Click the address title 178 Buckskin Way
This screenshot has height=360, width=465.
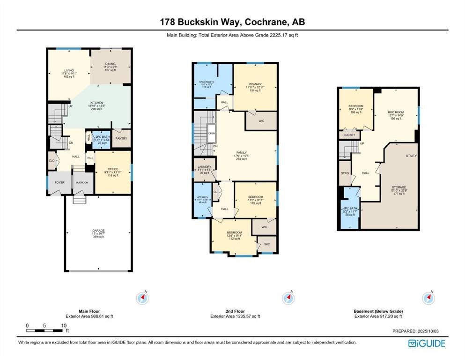coord(232,22)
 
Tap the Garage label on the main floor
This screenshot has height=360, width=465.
coord(98,231)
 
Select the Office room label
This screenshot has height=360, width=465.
coord(112,169)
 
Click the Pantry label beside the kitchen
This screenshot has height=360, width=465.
coord(121,138)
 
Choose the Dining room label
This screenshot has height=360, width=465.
coord(110,64)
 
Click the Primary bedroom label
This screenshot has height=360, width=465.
coord(255,85)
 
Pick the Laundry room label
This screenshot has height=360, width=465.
coord(204,166)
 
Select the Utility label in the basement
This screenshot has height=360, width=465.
coord(411,156)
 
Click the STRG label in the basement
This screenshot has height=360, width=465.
coord(345,173)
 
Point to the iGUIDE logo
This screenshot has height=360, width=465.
coord(427,343)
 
